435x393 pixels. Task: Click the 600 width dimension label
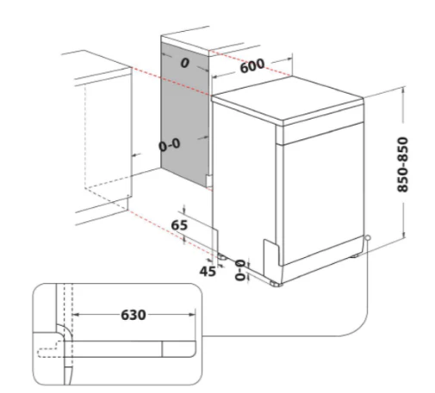tap(252, 66)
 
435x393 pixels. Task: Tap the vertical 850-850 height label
tap(402, 164)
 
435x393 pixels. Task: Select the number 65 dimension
tap(179, 225)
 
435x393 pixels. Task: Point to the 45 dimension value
tap(208, 271)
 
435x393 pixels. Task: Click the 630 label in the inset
tap(134, 315)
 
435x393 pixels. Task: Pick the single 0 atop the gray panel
tap(185, 63)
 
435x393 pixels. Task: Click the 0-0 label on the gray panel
tap(170, 144)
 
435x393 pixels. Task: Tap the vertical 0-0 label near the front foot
tap(240, 270)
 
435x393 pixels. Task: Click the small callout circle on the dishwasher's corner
tap(367, 238)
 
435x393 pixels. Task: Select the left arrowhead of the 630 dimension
tap(75, 315)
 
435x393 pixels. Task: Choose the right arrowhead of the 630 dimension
tap(192, 315)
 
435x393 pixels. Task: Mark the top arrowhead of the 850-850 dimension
tap(403, 90)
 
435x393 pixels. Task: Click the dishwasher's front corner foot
tap(276, 284)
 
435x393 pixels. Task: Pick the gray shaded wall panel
tap(185, 114)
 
